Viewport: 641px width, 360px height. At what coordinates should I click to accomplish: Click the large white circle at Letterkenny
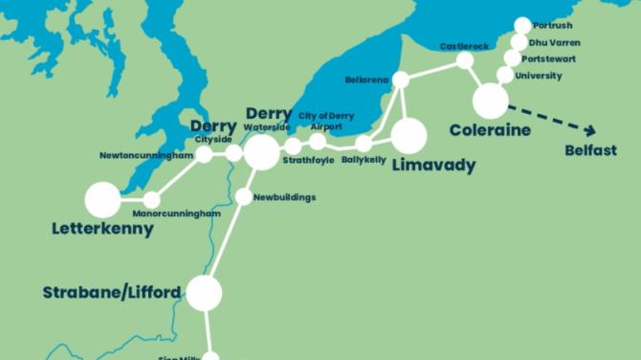[102, 200]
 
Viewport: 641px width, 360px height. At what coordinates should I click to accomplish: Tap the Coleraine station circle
[491, 100]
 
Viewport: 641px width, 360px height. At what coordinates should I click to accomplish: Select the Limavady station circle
[409, 136]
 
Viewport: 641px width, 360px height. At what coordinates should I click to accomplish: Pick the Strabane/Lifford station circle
[204, 292]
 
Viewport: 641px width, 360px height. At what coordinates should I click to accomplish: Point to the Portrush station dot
[522, 26]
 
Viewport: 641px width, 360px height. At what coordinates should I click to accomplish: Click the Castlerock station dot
[465, 61]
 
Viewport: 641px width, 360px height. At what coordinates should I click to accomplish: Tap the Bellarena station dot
[401, 79]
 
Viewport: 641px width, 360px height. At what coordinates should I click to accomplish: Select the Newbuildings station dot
[243, 197]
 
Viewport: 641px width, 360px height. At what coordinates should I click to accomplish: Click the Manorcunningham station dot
[151, 200]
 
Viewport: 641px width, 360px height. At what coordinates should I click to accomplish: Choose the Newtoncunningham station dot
[204, 154]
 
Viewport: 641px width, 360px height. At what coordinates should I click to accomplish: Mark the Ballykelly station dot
[364, 144]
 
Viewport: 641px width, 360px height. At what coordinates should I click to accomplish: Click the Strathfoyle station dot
[294, 146]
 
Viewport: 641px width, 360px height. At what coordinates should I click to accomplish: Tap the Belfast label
[590, 150]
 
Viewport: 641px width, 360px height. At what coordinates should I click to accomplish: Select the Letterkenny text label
[102, 229]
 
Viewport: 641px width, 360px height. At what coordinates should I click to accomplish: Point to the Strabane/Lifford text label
[112, 292]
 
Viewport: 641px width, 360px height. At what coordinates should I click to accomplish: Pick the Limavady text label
[433, 166]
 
